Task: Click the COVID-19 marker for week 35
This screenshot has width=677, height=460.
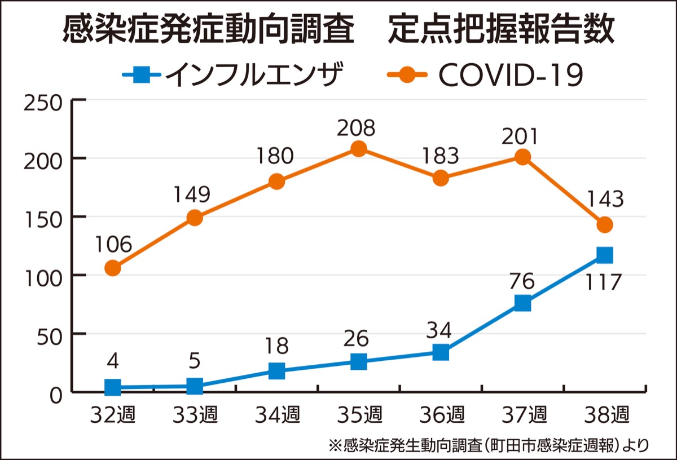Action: point(359,149)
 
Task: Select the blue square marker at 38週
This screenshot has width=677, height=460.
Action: point(605,255)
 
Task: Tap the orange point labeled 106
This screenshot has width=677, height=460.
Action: point(113,268)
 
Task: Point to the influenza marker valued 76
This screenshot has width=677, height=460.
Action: point(523,303)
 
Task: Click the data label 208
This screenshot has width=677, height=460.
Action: point(356,128)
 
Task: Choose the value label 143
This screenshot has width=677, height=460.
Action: point(605,199)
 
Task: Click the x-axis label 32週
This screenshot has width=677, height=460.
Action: point(112,415)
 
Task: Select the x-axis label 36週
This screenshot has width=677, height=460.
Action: point(441,415)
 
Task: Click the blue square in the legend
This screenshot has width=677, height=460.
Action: point(142,74)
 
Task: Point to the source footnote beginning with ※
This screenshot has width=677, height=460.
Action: point(489,445)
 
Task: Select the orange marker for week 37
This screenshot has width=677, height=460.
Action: point(523,157)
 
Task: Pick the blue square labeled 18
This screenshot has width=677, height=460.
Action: point(276,371)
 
